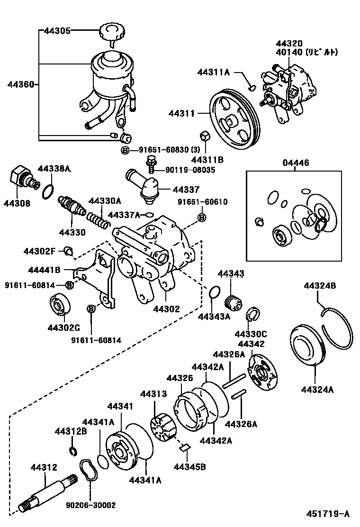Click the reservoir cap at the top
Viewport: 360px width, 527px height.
tap(111, 34)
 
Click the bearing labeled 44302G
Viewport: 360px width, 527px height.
tap(61, 305)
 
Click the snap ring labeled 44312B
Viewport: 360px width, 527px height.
tap(73, 450)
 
